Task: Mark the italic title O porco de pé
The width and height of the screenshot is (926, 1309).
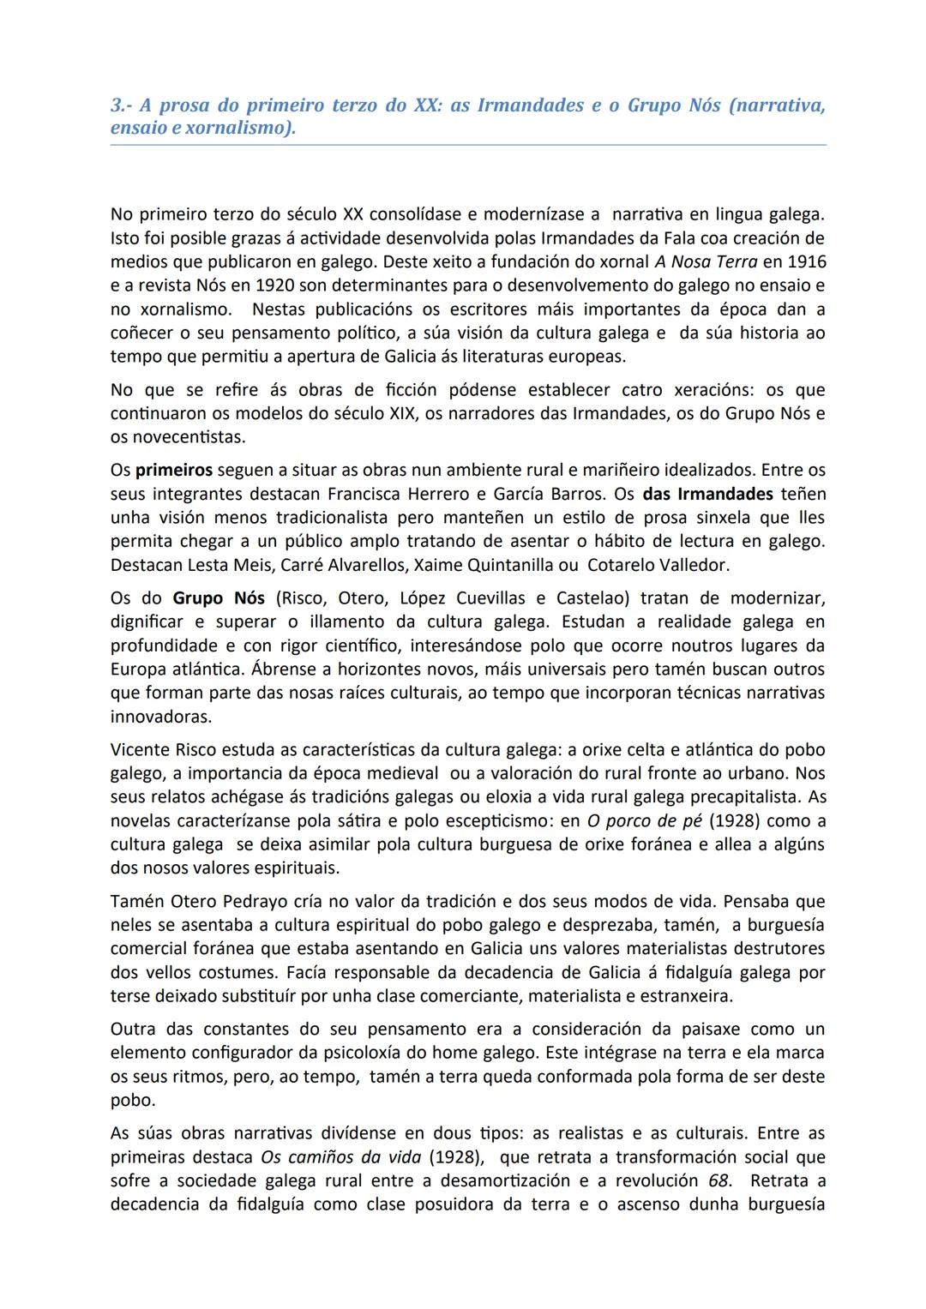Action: pyautogui.click(x=644, y=820)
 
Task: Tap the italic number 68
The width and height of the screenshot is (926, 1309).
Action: pyautogui.click(x=719, y=1180)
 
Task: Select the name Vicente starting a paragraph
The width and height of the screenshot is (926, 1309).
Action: pyautogui.click(x=139, y=749)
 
